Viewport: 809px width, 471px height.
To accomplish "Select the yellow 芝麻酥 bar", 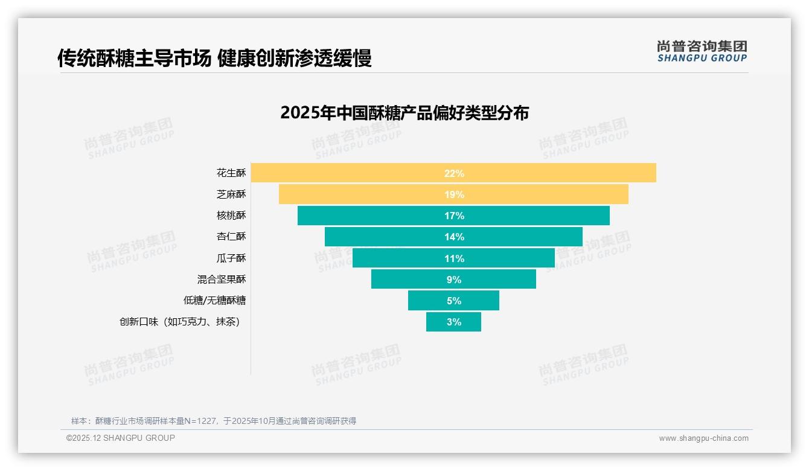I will click(362, 194).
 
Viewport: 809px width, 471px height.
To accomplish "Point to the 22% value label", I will click(454, 173).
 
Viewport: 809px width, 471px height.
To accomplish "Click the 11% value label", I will click(454, 258).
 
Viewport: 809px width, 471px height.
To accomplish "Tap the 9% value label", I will click(454, 280).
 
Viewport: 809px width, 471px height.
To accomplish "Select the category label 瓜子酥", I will click(231, 258).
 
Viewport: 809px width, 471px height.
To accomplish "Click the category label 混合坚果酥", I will click(222, 279).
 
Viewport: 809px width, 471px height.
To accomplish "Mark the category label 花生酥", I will click(231, 173).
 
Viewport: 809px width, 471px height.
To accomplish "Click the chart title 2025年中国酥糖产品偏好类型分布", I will click(405, 113).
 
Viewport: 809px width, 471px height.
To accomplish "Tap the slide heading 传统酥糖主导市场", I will click(134, 58).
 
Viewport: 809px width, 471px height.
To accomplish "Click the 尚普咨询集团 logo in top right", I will click(702, 51).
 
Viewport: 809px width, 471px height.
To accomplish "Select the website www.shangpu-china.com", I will click(703, 438).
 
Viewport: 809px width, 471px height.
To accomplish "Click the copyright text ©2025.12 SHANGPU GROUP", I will click(121, 438).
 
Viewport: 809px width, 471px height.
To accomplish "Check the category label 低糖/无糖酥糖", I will click(215, 300).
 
